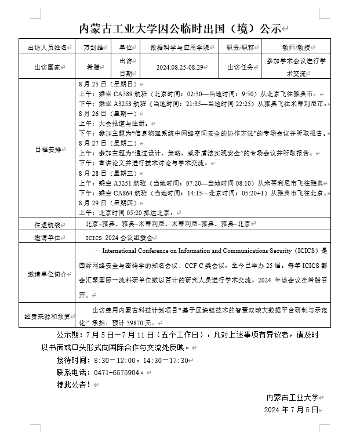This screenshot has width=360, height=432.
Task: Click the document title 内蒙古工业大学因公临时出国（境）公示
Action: tap(179, 28)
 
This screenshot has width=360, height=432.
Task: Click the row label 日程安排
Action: tap(48, 149)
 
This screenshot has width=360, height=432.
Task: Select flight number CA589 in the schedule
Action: tap(123, 93)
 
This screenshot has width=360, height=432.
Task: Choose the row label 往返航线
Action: tap(48, 223)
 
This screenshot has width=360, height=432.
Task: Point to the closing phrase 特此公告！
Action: tap(74, 384)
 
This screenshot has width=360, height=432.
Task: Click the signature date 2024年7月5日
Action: tap(291, 409)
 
